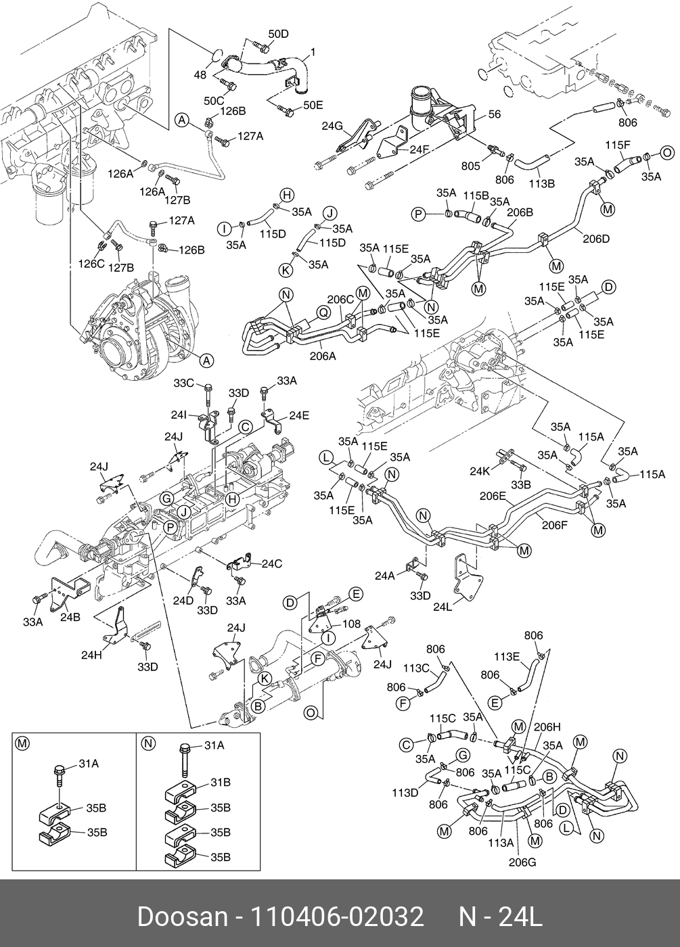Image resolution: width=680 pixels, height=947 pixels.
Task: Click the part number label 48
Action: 200,76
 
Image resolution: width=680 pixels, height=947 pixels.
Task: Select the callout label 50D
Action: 278,34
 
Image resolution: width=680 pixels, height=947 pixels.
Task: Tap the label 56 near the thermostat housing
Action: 494,115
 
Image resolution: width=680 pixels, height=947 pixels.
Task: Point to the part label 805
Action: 470,166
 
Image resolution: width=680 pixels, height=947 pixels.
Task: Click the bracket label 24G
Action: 332,126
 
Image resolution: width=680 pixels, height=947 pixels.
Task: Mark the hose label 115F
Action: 618,145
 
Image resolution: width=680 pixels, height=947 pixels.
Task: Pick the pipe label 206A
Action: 323,356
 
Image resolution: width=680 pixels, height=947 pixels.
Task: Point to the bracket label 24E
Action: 300,415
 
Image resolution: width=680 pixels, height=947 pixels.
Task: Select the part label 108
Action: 351,624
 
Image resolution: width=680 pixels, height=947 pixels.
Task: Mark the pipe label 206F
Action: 554,524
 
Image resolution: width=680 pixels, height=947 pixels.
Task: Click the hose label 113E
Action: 506,655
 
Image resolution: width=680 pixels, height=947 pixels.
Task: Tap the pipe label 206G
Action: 522,862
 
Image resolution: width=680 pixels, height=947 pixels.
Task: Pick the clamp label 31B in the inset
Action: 221,783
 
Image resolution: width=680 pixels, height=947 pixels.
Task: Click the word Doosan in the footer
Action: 183,917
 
